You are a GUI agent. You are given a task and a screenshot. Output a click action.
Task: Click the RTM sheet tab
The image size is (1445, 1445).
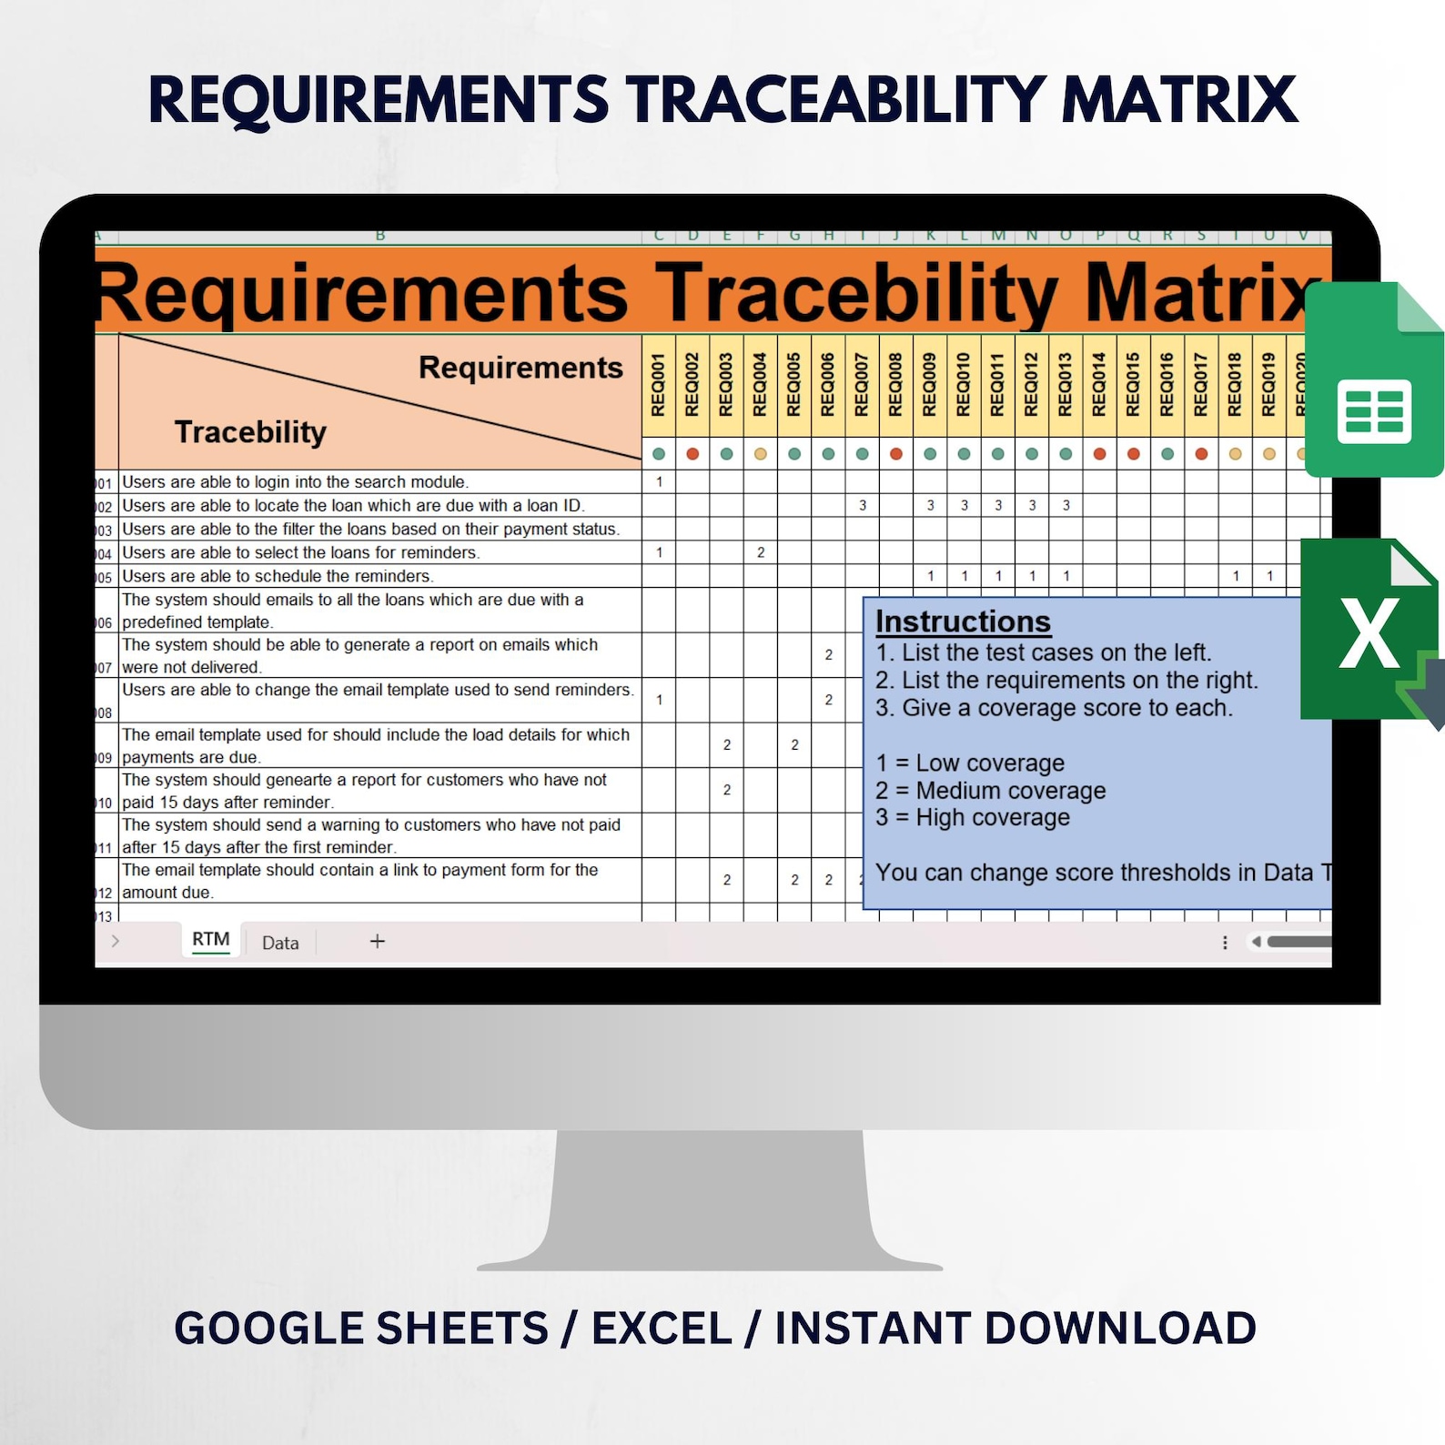pyautogui.click(x=210, y=939)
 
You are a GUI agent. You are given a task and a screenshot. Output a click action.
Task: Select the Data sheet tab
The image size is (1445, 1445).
pyautogui.click(x=280, y=943)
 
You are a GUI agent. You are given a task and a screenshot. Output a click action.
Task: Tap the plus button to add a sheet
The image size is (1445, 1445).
pyautogui.click(x=378, y=942)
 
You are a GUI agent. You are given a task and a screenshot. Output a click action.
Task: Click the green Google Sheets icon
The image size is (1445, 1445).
pyautogui.click(x=1373, y=382)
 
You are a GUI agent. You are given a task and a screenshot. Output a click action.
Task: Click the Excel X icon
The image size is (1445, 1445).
pyautogui.click(x=1368, y=632)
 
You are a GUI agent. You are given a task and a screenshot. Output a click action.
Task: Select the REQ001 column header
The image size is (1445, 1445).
pyautogui.click(x=659, y=385)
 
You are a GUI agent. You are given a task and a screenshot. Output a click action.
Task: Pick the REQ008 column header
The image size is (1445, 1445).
pyautogui.click(x=896, y=385)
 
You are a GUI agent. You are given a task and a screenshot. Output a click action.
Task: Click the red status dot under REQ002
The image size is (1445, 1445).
pyautogui.click(x=692, y=454)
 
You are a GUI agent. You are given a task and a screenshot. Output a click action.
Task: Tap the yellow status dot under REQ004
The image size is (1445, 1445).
pyautogui.click(x=761, y=454)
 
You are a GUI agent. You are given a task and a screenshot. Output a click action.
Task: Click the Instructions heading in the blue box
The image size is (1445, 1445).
pyautogui.click(x=963, y=621)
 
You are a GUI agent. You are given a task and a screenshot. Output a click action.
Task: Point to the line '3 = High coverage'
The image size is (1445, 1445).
pyautogui.click(x=973, y=818)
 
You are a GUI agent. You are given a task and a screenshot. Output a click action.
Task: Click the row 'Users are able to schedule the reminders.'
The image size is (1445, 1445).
pyautogui.click(x=278, y=576)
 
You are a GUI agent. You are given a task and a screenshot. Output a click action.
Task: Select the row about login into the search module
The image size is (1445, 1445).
pyautogui.click(x=295, y=482)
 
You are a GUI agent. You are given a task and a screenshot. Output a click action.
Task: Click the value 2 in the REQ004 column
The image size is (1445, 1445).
pyautogui.click(x=761, y=552)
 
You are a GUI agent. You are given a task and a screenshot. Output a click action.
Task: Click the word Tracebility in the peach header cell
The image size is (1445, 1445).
pyautogui.click(x=250, y=431)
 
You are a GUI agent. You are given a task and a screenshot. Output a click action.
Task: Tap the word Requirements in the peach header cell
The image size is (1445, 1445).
pyautogui.click(x=520, y=368)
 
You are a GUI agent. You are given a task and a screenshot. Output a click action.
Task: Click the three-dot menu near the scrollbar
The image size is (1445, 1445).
pyautogui.click(x=1225, y=943)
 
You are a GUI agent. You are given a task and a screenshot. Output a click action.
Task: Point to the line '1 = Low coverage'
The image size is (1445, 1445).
pyautogui.click(x=970, y=763)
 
